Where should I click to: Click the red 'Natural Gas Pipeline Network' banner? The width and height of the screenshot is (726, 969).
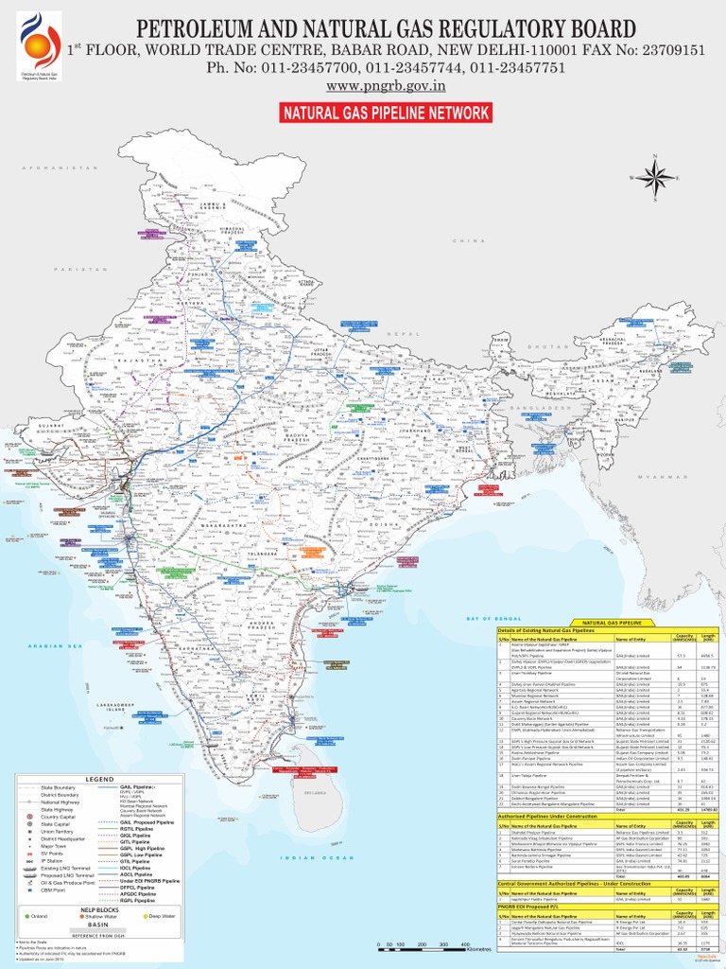click(384, 114)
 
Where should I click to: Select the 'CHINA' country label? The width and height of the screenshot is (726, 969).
click(464, 242)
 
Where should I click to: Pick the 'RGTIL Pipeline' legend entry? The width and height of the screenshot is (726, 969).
click(137, 829)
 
